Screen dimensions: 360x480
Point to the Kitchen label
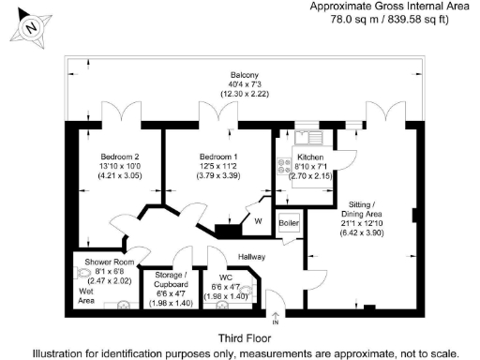click(x=309, y=157)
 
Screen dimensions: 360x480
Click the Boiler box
click(x=289, y=224)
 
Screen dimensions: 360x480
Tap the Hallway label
click(x=250, y=256)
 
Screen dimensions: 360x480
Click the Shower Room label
click(x=104, y=262)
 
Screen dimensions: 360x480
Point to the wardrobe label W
click(x=258, y=222)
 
